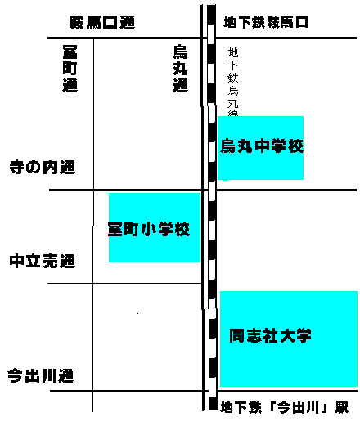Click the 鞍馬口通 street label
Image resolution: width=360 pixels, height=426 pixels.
click(x=102, y=22)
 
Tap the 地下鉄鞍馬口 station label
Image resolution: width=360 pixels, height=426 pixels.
click(x=266, y=22)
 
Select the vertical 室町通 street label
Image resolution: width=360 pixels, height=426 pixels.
click(x=70, y=69)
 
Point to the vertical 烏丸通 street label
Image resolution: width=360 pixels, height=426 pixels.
click(x=180, y=69)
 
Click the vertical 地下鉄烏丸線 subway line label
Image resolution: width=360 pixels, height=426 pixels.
click(x=233, y=82)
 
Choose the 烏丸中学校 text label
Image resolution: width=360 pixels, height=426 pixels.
click(x=262, y=146)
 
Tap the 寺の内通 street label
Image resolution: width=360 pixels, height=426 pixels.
click(x=43, y=167)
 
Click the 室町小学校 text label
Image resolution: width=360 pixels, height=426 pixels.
click(x=149, y=230)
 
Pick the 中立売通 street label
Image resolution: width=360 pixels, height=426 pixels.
click(x=43, y=261)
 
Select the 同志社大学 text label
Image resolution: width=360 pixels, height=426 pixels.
click(x=270, y=335)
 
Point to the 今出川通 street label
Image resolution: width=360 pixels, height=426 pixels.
click(x=41, y=375)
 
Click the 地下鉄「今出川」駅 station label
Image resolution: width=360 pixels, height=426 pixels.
click(x=284, y=408)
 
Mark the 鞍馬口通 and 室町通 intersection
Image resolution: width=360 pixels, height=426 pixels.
click(x=93, y=38)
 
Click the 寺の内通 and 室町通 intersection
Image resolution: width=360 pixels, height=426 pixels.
click(x=93, y=190)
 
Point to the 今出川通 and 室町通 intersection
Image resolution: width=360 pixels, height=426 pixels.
click(x=93, y=391)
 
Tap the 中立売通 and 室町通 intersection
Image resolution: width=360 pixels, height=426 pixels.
click(x=93, y=283)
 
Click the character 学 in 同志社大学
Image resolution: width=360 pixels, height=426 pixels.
click(x=304, y=335)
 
